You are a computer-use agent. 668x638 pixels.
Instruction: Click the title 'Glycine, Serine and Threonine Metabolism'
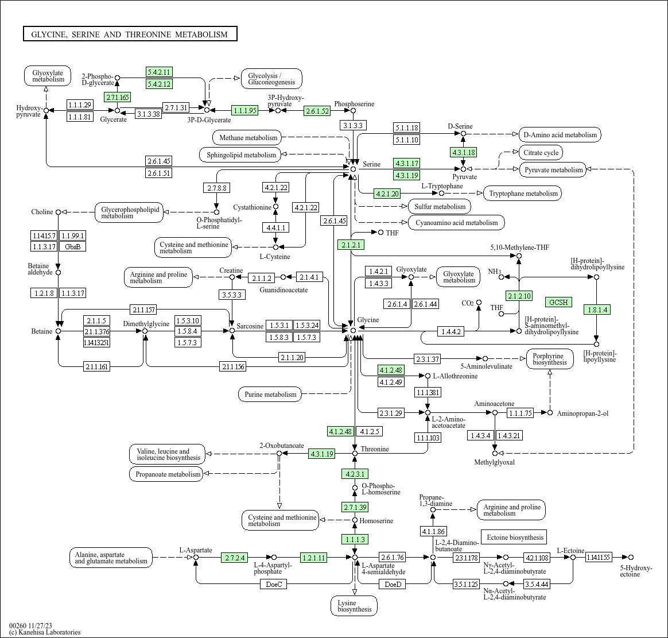click(x=130, y=34)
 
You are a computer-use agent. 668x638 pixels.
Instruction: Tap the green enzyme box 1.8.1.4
click(x=596, y=310)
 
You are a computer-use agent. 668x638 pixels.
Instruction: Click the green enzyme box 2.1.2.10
click(x=519, y=296)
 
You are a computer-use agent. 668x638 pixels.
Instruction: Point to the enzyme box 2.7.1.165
click(x=117, y=97)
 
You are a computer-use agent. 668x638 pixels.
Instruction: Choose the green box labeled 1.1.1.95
click(x=244, y=110)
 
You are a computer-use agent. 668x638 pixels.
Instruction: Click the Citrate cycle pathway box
click(x=541, y=153)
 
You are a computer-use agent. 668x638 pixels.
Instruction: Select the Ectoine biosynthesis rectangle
click(x=514, y=538)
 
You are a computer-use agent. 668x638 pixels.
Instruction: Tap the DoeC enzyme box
click(x=274, y=584)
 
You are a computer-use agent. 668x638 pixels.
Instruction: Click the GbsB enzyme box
click(x=73, y=246)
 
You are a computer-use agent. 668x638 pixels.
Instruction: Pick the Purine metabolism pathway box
click(x=270, y=395)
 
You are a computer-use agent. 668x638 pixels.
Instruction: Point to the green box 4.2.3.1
click(x=355, y=474)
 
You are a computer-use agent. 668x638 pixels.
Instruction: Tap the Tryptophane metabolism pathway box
click(x=523, y=194)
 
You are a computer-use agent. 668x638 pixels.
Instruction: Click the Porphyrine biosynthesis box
click(x=549, y=358)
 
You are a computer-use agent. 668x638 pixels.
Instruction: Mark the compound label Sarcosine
click(x=250, y=326)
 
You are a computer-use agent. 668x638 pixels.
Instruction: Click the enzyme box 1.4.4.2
click(x=450, y=331)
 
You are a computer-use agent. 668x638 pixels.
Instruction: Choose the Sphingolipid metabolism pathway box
click(x=241, y=154)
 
